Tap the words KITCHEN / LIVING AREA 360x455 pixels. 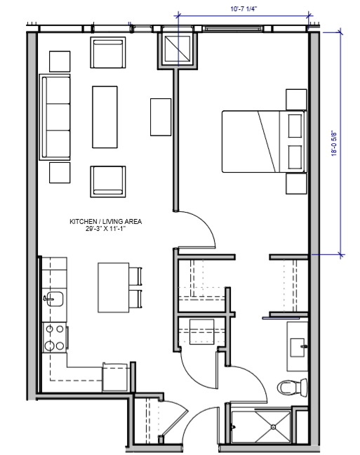coord(105,221)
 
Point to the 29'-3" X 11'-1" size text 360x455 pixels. coord(105,228)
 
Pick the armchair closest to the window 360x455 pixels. coord(107,53)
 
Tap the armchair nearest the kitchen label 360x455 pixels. coord(107,181)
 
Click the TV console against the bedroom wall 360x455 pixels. coord(160,117)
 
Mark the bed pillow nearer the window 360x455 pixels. coord(295,126)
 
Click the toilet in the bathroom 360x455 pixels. coord(291,385)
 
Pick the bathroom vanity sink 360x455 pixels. coord(297,345)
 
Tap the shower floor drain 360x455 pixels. coord(270,423)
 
